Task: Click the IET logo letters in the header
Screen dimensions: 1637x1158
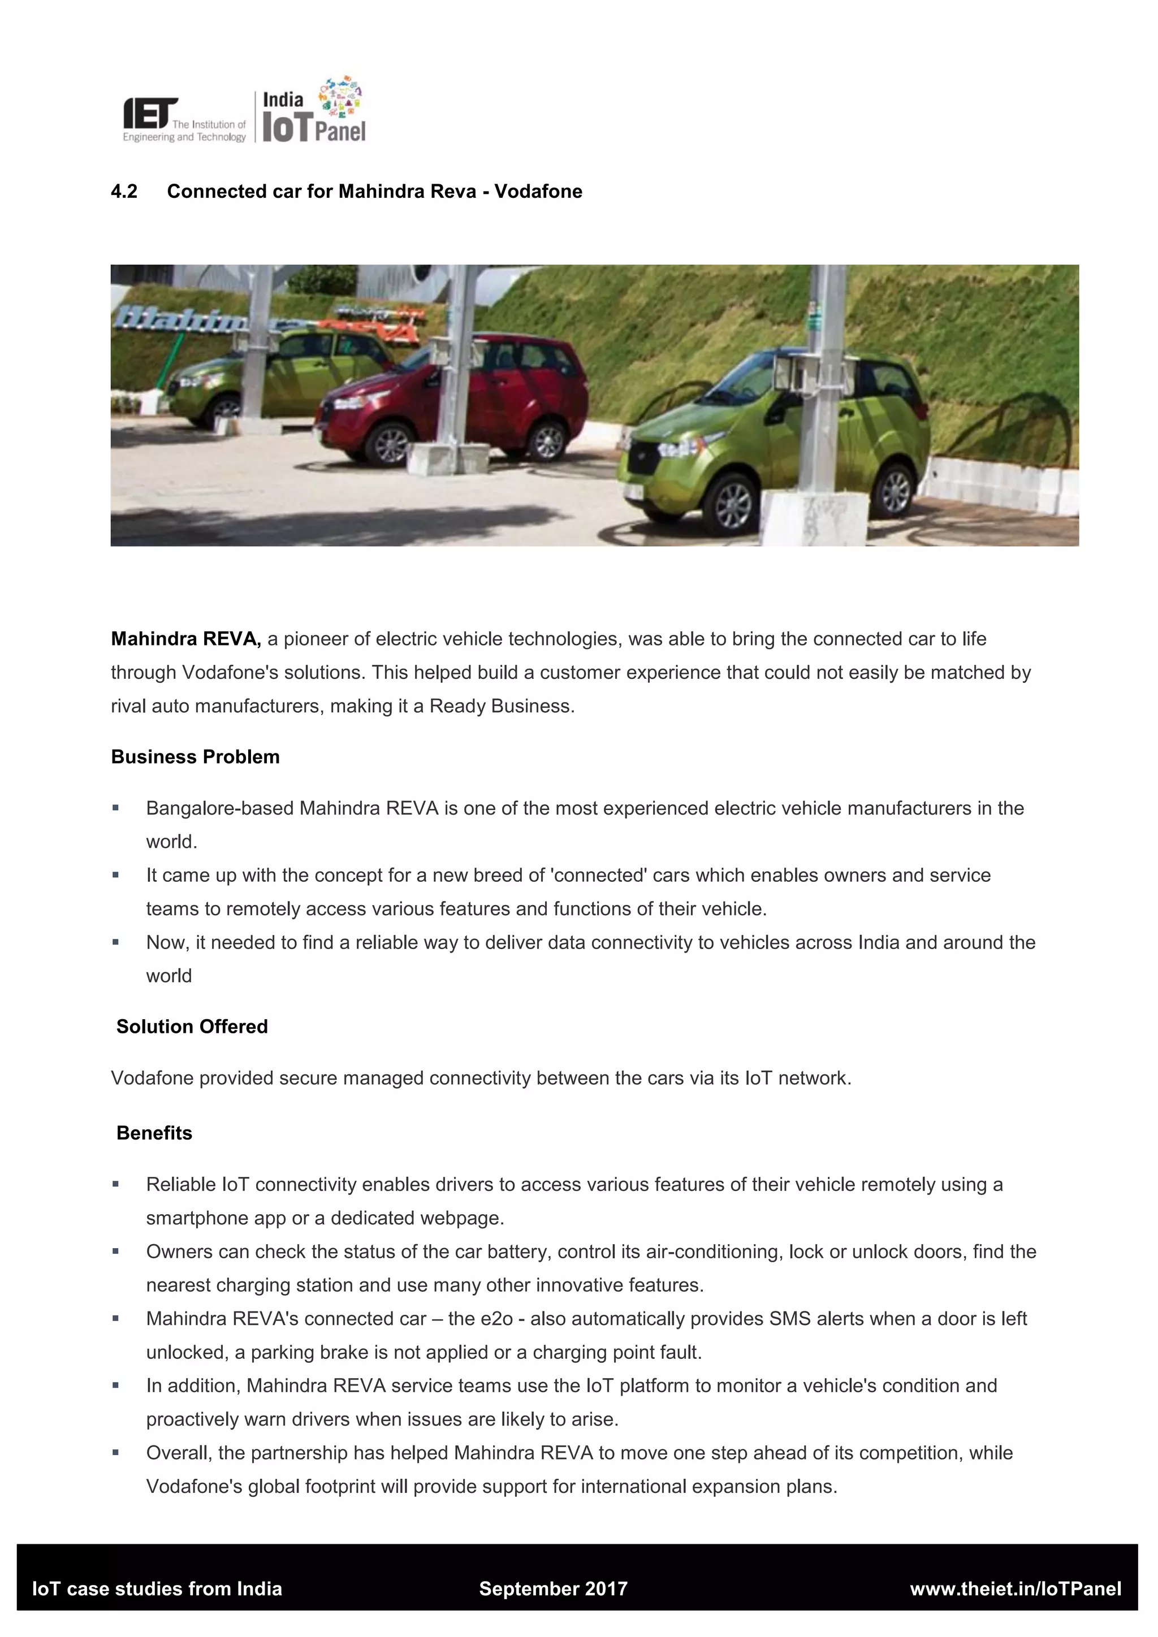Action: pos(149,114)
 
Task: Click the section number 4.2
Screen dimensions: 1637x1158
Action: pos(124,192)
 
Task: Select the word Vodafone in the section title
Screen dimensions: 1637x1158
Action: pos(538,192)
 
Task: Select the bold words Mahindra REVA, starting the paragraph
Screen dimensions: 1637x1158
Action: pos(186,639)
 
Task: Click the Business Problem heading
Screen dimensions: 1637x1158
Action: pos(196,757)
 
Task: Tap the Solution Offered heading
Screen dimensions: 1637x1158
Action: pos(192,1027)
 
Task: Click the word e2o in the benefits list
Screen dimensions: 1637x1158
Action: pos(496,1319)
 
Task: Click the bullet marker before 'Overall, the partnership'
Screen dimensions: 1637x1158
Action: pos(115,1452)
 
